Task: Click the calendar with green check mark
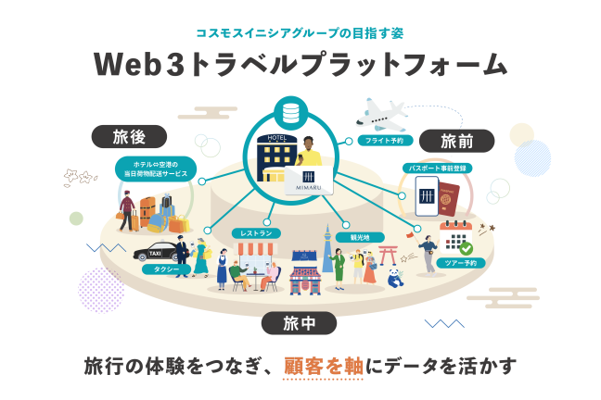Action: [456, 238]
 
